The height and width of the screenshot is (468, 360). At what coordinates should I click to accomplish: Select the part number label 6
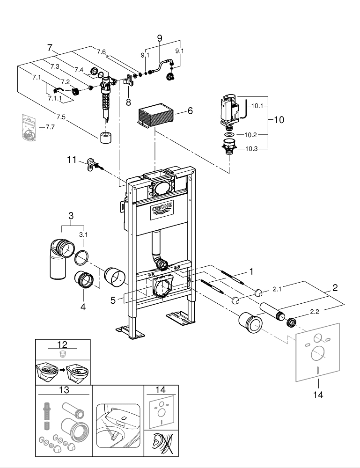190,111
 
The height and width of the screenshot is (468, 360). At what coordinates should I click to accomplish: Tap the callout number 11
71,160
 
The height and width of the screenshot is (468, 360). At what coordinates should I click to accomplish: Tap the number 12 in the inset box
63,345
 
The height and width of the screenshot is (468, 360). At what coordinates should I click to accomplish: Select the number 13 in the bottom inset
63,390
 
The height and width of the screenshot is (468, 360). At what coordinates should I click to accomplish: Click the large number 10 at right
279,120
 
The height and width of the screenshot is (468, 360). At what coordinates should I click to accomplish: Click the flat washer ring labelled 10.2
229,135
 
